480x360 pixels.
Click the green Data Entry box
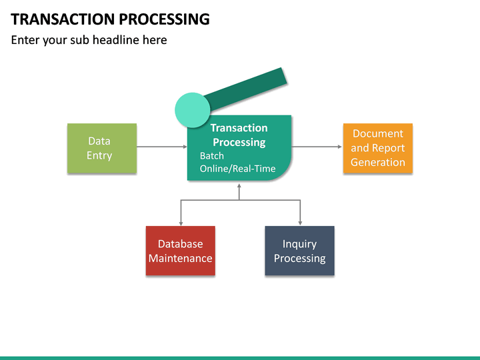[x=102, y=148]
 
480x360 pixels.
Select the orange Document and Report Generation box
[x=377, y=148]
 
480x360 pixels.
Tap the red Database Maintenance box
[x=180, y=251]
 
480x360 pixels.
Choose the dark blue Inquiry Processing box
[x=299, y=251]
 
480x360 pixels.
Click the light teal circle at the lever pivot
[x=192, y=110]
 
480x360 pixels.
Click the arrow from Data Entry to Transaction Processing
[x=161, y=147]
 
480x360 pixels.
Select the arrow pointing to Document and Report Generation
[x=317, y=147]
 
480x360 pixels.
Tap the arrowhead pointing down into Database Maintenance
[x=181, y=222]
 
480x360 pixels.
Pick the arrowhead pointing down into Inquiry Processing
[x=300, y=222]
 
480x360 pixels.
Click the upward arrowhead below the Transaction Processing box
[x=239, y=186]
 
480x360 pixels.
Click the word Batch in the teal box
[x=212, y=156]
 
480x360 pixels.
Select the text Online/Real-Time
[x=237, y=169]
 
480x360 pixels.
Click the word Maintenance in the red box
[x=180, y=259]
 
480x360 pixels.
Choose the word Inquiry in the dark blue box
[x=299, y=244]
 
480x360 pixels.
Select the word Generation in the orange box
[x=377, y=162]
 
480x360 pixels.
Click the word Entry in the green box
[x=99, y=155]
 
